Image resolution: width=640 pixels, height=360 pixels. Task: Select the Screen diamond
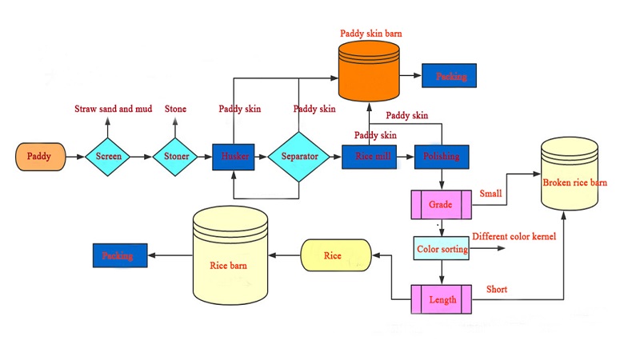pyautogui.click(x=108, y=156)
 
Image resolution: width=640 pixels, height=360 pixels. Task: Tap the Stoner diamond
pyautogui.click(x=176, y=156)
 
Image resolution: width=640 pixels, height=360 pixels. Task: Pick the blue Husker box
pyautogui.click(x=234, y=156)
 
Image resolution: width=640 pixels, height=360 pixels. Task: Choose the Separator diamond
pyautogui.click(x=298, y=156)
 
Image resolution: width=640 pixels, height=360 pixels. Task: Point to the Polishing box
pyautogui.click(x=441, y=156)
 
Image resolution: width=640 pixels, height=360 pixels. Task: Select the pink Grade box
pyautogui.click(x=441, y=205)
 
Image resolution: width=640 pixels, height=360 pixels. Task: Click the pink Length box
pyautogui.click(x=441, y=299)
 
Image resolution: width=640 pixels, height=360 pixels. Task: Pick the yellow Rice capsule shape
pyautogui.click(x=333, y=256)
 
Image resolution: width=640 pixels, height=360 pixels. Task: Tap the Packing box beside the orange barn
pyautogui.click(x=450, y=76)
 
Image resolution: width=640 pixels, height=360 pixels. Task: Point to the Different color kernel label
pyautogui.click(x=513, y=237)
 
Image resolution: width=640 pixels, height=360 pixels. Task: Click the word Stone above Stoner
pyautogui.click(x=176, y=109)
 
